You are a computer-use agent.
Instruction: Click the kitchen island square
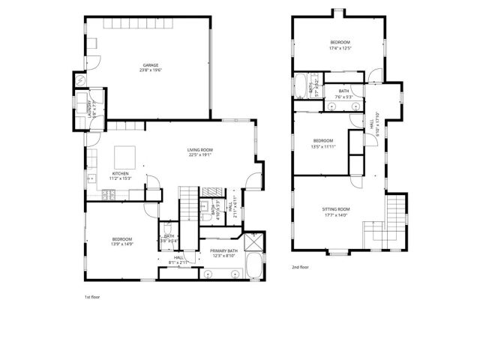(x=124, y=157)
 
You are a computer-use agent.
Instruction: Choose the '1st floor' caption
(x=91, y=297)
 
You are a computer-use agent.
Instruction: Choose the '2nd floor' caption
(x=299, y=266)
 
